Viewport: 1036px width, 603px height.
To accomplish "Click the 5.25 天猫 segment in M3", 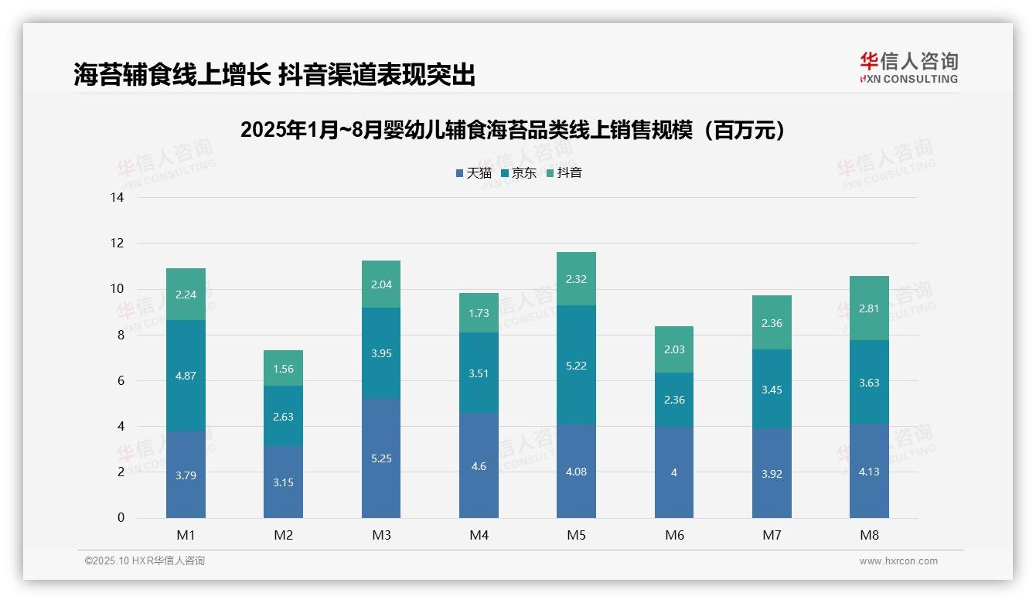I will click(x=381, y=458).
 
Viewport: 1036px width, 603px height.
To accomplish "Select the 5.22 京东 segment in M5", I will click(x=576, y=365).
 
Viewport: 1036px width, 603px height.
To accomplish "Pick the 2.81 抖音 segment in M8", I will click(x=869, y=308).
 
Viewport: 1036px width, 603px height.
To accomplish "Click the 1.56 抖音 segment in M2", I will click(x=283, y=369).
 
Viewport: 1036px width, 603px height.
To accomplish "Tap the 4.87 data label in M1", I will click(x=186, y=376).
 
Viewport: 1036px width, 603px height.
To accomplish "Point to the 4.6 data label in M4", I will click(x=479, y=466).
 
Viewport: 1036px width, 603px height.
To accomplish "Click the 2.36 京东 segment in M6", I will click(x=673, y=400).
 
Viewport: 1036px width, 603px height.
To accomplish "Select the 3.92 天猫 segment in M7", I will click(x=772, y=473).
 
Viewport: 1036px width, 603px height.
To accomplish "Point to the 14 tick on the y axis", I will click(x=117, y=198).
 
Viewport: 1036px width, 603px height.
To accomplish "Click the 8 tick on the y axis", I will click(x=120, y=336).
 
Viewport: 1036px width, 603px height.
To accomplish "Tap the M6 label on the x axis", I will click(x=674, y=535).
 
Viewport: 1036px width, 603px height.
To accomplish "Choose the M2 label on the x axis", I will click(x=283, y=535).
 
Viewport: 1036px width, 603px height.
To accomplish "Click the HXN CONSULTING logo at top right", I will click(x=908, y=68).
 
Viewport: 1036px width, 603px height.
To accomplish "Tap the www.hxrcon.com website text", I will click(x=898, y=561).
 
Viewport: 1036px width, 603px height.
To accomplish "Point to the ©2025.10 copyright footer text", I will click(x=145, y=561).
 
